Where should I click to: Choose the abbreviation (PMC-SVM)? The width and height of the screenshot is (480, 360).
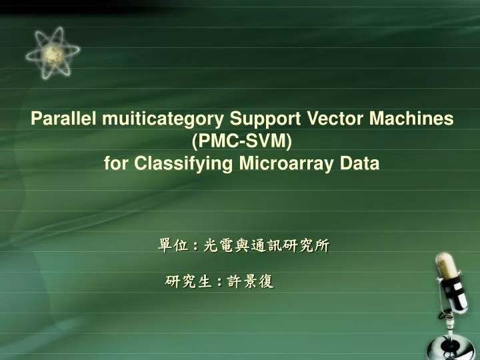241,141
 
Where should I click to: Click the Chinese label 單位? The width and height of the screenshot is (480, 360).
171,246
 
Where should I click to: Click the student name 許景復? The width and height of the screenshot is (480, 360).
250,282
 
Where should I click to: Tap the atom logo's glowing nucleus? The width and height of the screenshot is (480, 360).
53,53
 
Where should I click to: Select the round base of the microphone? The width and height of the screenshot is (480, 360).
451,348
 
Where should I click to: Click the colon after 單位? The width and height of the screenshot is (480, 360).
195,247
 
